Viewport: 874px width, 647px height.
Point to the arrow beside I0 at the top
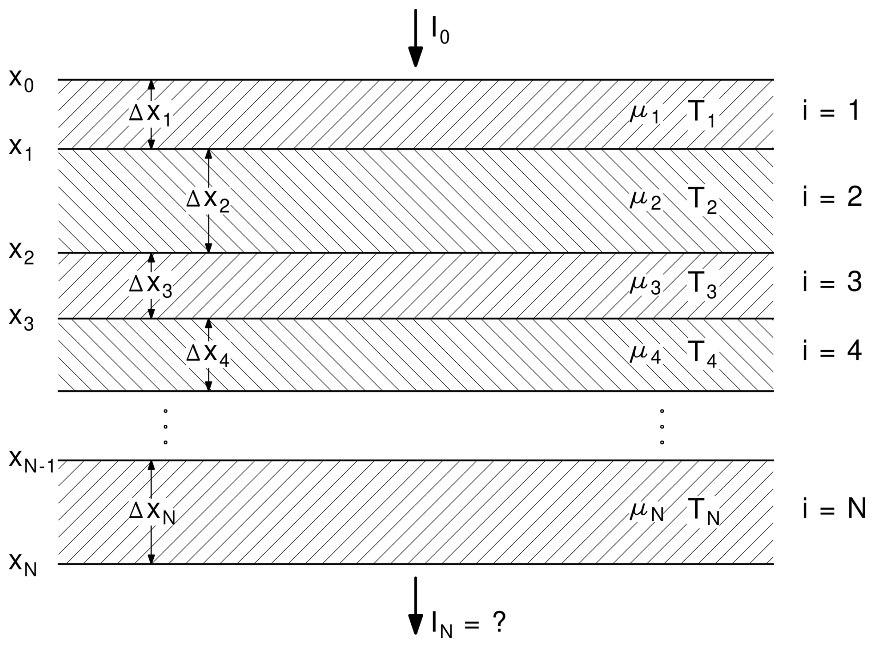(416, 38)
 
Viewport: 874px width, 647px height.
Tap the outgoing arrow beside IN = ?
(416, 605)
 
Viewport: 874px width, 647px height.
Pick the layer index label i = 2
(832, 198)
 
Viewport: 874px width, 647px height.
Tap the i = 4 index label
(832, 352)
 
